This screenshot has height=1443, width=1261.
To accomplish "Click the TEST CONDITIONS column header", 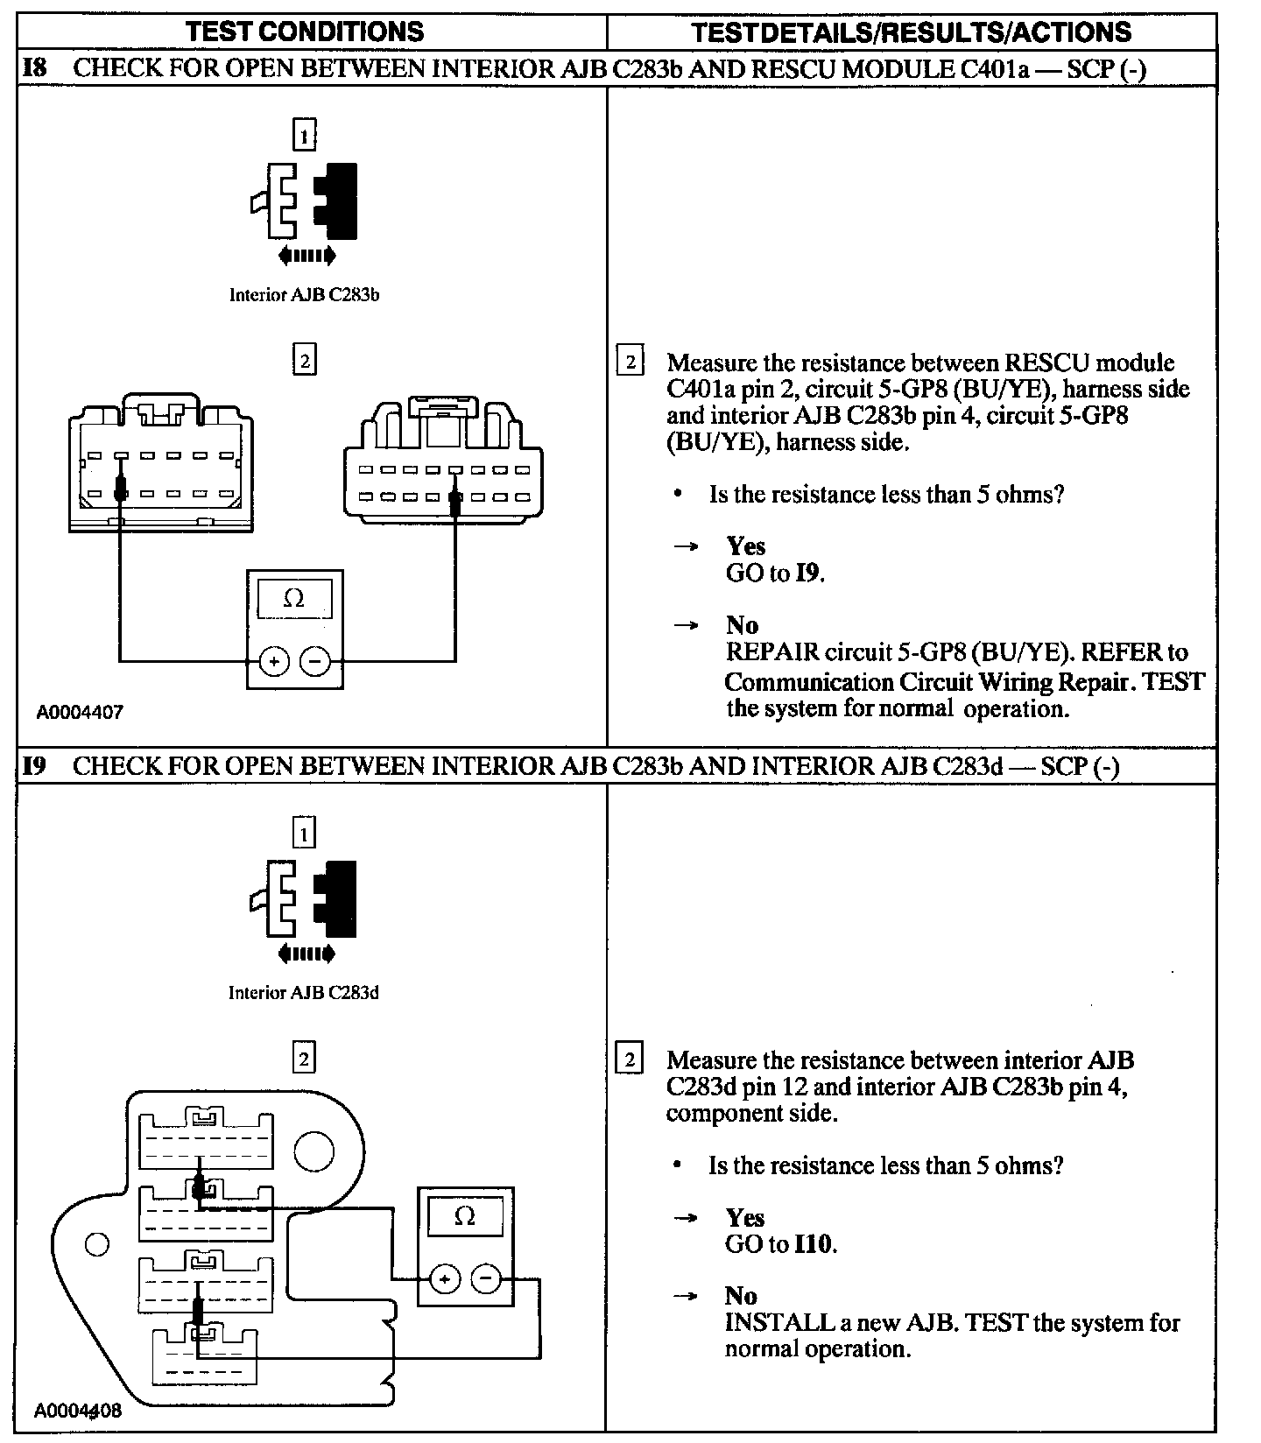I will coord(305,32).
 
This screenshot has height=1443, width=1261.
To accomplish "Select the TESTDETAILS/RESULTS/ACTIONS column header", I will coord(911,32).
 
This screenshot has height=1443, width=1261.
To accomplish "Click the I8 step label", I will coord(34,68).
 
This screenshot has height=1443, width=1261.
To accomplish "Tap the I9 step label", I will coord(34,766).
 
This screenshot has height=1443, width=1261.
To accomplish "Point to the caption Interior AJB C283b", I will coord(304,295).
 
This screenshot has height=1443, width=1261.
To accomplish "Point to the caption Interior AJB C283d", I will coord(304,992).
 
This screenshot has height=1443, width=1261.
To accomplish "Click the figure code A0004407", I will coord(80,712).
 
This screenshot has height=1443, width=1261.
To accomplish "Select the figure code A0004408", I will coord(78,1411).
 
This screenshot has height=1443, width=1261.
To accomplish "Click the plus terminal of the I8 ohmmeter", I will coord(274,662).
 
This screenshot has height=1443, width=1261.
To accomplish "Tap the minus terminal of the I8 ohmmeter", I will coord(315,662).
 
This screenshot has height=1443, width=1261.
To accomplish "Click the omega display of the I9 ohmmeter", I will coord(465,1217).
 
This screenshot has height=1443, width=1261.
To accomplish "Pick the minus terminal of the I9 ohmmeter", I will coord(486,1279).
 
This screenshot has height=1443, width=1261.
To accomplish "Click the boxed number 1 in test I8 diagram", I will coord(304,136).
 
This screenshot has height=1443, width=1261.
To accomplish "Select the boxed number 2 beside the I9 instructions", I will coord(630,1059).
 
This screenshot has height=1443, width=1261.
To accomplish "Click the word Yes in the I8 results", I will coord(746,546).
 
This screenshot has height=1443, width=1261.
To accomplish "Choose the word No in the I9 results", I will coord(741,1296).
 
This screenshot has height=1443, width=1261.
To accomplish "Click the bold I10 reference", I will coord(814,1244).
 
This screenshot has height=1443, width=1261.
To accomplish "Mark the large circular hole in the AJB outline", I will coord(313,1151).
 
